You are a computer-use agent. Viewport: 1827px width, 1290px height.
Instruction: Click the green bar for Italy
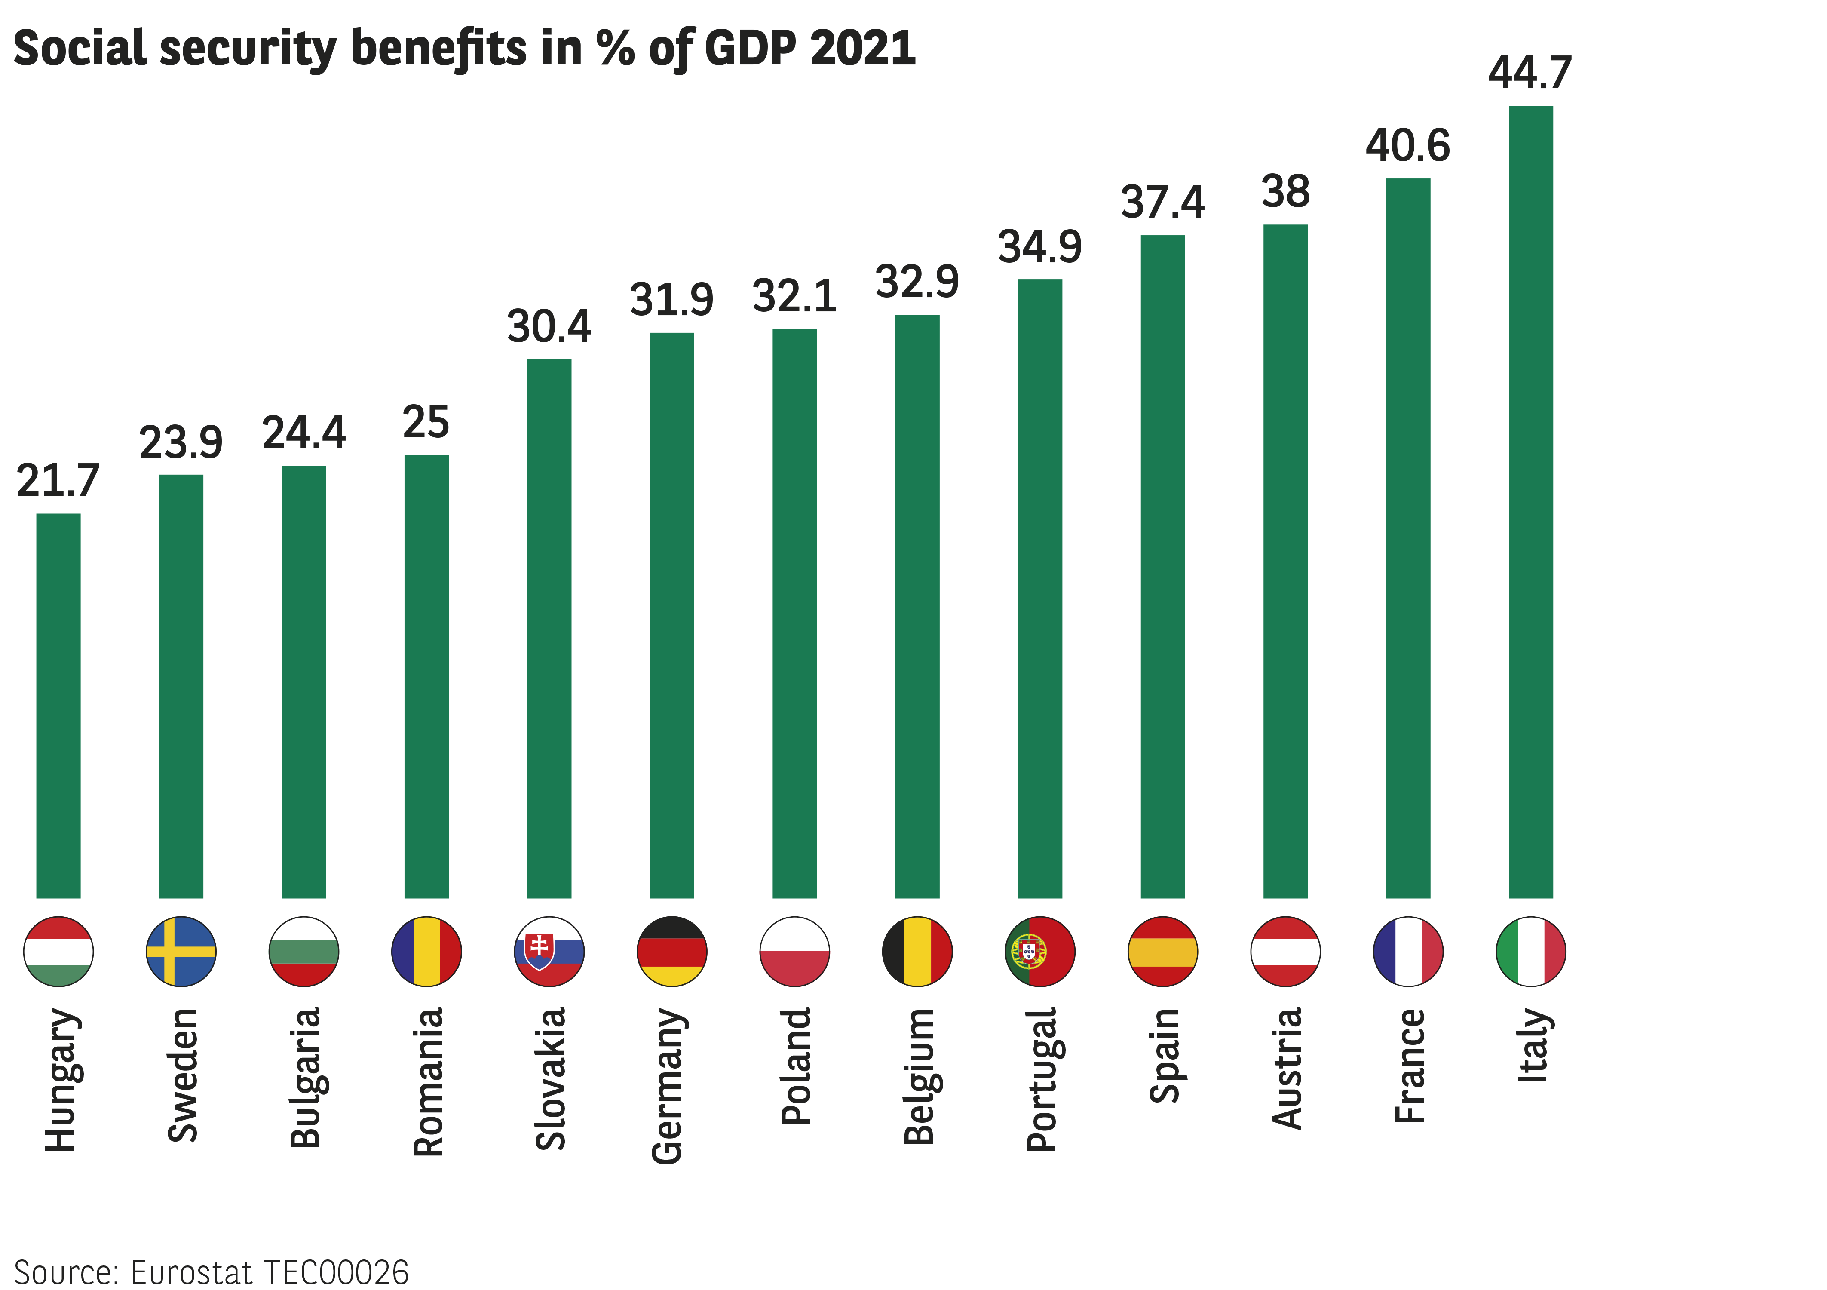(x=1530, y=501)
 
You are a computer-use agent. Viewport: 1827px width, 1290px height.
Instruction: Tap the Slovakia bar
(x=549, y=629)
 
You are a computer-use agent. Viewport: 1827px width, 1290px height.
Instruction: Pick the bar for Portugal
(x=1040, y=589)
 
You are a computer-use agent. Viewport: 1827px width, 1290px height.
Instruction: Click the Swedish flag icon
(x=181, y=951)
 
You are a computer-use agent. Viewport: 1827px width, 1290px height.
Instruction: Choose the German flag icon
(x=671, y=951)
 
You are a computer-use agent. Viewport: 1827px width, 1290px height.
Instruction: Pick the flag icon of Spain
(x=1162, y=951)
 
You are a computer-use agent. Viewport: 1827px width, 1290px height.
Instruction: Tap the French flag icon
(x=1407, y=951)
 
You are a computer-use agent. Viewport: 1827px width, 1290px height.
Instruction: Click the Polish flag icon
(x=795, y=951)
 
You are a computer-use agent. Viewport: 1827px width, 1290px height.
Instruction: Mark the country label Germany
(x=668, y=1086)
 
